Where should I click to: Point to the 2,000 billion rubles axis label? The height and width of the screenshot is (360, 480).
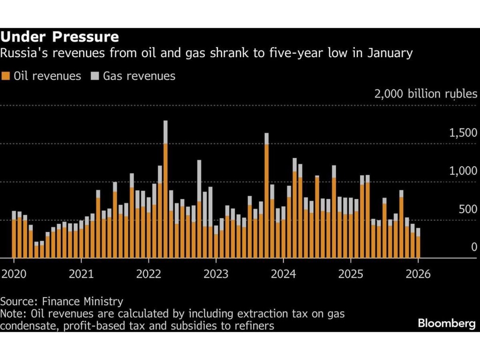point(426,94)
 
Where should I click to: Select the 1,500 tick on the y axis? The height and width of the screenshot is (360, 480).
point(463,134)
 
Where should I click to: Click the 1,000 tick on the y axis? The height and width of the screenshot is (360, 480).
point(463,171)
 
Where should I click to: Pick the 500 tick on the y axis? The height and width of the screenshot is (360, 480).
point(467,209)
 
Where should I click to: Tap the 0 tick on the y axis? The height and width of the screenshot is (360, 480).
point(474,247)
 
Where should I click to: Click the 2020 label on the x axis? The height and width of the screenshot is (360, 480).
point(14,274)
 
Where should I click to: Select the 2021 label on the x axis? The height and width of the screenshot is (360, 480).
point(81,274)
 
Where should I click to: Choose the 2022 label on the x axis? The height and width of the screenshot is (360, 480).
point(149,274)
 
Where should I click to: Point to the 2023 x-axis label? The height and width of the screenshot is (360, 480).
point(216,274)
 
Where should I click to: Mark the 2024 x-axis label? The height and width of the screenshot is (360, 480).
point(284,274)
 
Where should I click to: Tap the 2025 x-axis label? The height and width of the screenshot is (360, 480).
point(351,274)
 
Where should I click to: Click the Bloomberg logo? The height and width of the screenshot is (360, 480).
point(446,323)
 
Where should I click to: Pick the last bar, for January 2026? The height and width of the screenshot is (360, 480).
point(418,244)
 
